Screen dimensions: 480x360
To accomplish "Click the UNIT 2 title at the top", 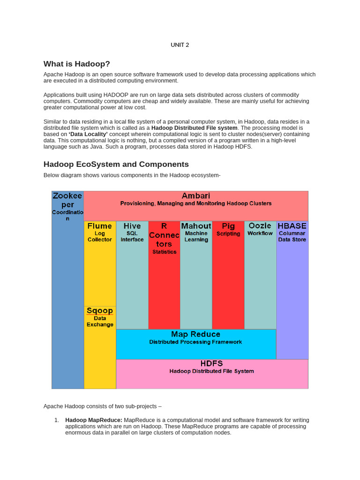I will (180, 45).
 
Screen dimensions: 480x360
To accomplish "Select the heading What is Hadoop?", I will (76, 64).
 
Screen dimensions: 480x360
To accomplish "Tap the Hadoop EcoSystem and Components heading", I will (116, 164).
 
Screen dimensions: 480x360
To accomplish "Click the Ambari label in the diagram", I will (195, 195).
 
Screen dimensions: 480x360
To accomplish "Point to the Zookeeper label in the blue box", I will (67, 200).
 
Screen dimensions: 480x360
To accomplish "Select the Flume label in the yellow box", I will (99, 226).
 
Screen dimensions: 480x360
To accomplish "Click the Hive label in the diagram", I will (132, 226).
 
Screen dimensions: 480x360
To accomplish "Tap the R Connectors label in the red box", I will (164, 235).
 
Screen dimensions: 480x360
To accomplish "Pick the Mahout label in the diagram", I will (196, 226).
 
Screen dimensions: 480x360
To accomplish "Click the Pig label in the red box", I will (228, 226).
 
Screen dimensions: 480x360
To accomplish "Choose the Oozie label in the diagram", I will (260, 226).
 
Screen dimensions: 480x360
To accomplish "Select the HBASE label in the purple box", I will (292, 226).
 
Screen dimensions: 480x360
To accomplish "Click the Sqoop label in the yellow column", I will (99, 310).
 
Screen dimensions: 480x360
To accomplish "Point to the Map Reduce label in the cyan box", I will (195, 334).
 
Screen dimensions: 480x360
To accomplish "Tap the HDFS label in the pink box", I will (211, 363).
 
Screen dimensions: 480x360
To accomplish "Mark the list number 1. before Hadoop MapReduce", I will (56, 420).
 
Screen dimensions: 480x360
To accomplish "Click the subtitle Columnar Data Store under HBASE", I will (292, 236).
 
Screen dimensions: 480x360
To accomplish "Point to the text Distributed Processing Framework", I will (195, 342).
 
